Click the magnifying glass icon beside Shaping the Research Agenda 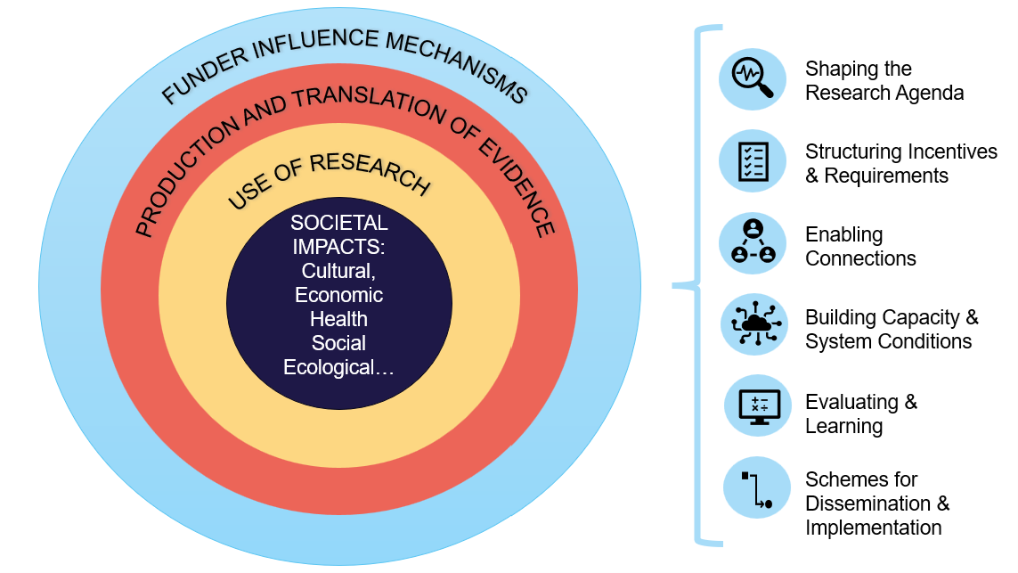point(753,79)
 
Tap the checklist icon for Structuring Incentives point(753,161)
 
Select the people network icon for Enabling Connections point(753,242)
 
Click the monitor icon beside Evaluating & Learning point(753,406)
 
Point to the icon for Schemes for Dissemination point(756,488)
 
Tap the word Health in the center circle point(338,318)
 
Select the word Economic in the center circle point(338,295)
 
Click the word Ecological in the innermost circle point(330,367)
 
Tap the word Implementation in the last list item point(873,528)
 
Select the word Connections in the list point(860,258)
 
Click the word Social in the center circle point(338,343)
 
